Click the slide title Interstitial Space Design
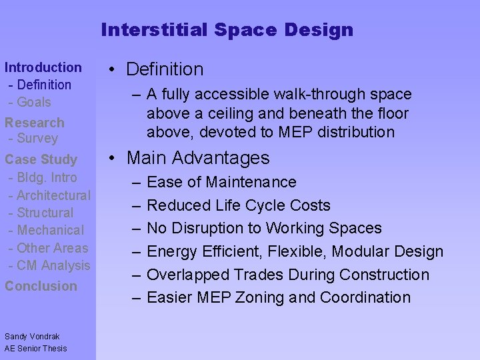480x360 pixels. point(227,30)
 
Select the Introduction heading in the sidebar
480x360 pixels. point(43,67)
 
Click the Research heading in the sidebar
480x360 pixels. point(35,123)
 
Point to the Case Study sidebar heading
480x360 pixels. point(41,159)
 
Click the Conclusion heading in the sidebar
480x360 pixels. point(41,286)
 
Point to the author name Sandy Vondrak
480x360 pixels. point(32,337)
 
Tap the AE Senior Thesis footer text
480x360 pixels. point(36,348)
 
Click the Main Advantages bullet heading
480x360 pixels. point(198,158)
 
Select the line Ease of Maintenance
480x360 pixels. point(221,182)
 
